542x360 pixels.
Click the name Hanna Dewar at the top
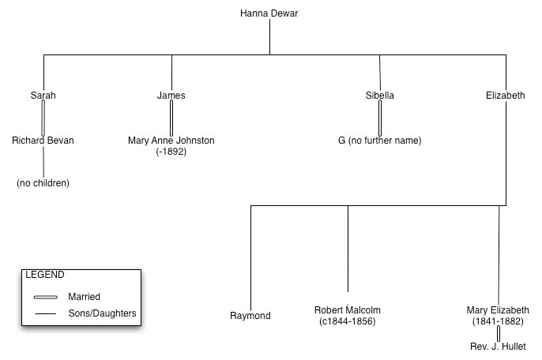point(269,13)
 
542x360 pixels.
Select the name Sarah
point(43,96)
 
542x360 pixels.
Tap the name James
point(171,96)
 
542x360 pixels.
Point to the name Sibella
point(379,96)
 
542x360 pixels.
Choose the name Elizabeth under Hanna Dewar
point(506,96)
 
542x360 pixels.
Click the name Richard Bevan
point(43,141)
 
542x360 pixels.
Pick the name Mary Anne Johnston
point(171,141)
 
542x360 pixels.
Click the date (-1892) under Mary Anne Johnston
point(171,151)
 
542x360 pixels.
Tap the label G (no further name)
point(379,141)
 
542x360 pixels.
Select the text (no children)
point(43,183)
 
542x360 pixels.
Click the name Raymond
point(250,316)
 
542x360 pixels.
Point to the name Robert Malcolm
point(348,310)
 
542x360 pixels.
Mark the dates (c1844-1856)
point(348,321)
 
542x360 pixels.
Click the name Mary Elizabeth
point(498,310)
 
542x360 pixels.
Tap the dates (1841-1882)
point(498,321)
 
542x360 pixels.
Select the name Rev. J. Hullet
point(498,347)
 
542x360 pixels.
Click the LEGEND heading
point(45,275)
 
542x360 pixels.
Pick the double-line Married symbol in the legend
point(46,297)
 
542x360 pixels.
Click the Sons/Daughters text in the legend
point(103,313)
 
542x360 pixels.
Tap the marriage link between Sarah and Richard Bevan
point(43,118)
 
